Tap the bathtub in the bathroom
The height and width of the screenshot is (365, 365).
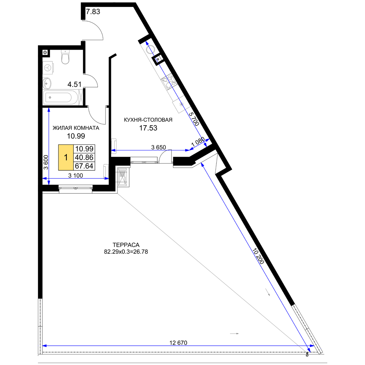click(x=61, y=97)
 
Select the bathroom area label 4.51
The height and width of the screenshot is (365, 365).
click(x=74, y=84)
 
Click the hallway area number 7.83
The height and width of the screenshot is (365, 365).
click(x=93, y=11)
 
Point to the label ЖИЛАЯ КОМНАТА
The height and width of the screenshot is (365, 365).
click(x=76, y=128)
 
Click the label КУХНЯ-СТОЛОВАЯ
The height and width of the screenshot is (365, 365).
click(x=148, y=120)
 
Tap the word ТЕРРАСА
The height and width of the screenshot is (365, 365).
click(x=126, y=245)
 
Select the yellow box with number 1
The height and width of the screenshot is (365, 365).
click(x=66, y=157)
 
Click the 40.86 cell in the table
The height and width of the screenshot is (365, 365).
click(x=84, y=157)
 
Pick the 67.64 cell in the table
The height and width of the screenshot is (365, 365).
click(x=84, y=166)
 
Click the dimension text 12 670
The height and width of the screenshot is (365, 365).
click(x=178, y=343)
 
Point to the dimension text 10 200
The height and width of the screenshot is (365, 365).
click(x=258, y=256)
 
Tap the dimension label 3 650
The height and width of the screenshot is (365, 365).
click(x=158, y=147)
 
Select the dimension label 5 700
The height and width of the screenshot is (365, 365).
click(x=194, y=119)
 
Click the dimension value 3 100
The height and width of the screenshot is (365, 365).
click(x=76, y=175)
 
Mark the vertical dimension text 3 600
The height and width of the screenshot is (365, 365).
click(x=46, y=162)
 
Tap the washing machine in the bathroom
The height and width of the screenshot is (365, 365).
click(x=48, y=68)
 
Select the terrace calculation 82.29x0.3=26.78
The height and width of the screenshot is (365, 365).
click(x=126, y=251)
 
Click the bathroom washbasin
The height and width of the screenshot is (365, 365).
click(x=47, y=83)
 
